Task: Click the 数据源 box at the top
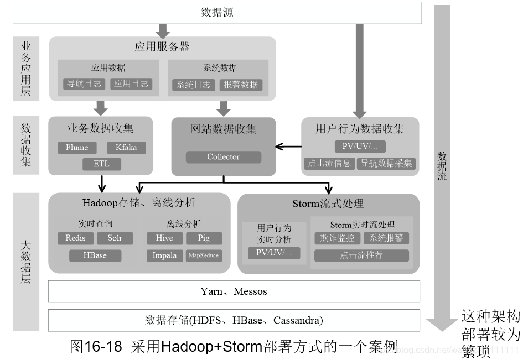coord(217,13)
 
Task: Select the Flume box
coord(76,148)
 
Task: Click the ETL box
coord(101,164)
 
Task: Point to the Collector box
coord(223,157)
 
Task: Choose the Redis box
coord(75,238)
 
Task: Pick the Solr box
coord(115,238)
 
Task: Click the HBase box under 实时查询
coord(95,255)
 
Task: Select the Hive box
coord(164,238)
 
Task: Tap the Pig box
coord(203,238)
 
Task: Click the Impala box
coord(164,255)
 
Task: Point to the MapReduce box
coord(203,255)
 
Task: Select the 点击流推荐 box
coord(361,255)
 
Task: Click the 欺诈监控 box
coord(337,238)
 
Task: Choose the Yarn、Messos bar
coord(234,291)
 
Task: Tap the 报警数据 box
coord(240,85)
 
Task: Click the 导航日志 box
coord(83,84)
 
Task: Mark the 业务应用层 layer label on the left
coord(25,69)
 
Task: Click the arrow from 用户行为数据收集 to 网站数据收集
coord(288,147)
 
